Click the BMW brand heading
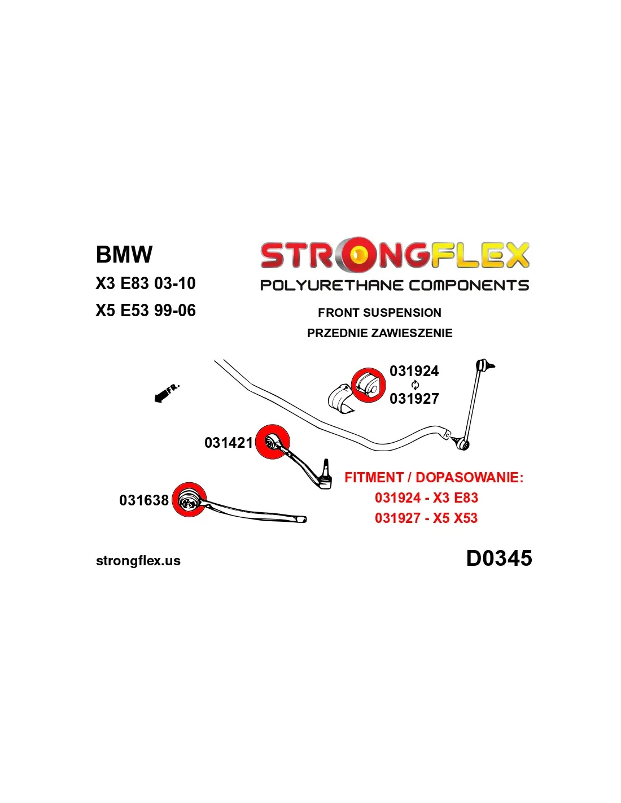tap(124, 255)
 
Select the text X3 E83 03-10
tap(146, 283)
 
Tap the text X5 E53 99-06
tap(146, 311)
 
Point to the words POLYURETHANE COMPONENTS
tap(395, 285)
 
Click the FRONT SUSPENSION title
tap(379, 313)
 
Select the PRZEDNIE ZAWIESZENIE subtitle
tap(379, 333)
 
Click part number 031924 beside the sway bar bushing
tap(414, 371)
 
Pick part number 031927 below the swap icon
tap(414, 399)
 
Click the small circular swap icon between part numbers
tap(416, 385)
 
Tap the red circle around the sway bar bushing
tap(368, 385)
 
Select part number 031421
tap(229, 443)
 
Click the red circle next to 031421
tap(273, 442)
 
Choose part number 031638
tap(144, 500)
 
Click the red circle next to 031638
tap(189, 500)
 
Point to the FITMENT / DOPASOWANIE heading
tap(434, 478)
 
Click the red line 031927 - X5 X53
tap(426, 518)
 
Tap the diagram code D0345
tap(499, 558)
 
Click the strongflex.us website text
tap(138, 561)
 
